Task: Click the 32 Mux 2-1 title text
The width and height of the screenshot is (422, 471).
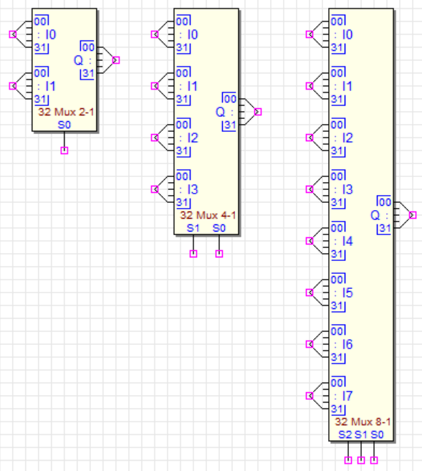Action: tap(66, 112)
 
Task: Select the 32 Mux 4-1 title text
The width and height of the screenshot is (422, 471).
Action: tap(208, 215)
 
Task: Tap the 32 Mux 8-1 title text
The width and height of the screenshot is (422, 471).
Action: tap(363, 422)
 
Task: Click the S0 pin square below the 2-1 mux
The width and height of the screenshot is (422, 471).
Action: tap(64, 151)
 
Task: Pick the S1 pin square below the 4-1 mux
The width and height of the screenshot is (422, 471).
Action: tap(193, 254)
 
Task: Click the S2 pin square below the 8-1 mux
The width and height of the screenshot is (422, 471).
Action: tap(348, 460)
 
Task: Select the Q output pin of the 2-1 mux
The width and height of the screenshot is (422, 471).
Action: tap(116, 60)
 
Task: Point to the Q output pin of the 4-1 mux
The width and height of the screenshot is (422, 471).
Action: tap(258, 112)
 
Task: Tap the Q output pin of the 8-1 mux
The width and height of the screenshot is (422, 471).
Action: tap(413, 215)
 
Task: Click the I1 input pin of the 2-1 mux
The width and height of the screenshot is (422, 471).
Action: tap(13, 86)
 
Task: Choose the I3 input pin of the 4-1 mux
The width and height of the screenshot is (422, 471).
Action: tap(155, 189)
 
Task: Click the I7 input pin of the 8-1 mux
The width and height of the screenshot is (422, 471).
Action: tap(310, 396)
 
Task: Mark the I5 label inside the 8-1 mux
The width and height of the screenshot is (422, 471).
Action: tap(347, 293)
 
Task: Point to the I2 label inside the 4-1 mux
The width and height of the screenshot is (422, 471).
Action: tap(193, 138)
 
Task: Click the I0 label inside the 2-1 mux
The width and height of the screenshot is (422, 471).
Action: tap(51, 34)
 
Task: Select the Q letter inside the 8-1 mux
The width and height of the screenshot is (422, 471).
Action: tap(375, 215)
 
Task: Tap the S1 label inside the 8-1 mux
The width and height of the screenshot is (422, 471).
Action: tap(361, 434)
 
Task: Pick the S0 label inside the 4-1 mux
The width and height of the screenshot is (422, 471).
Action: tap(219, 228)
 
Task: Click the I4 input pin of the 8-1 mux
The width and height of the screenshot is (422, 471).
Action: tap(310, 241)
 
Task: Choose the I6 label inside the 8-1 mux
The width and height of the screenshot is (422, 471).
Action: tap(347, 345)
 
